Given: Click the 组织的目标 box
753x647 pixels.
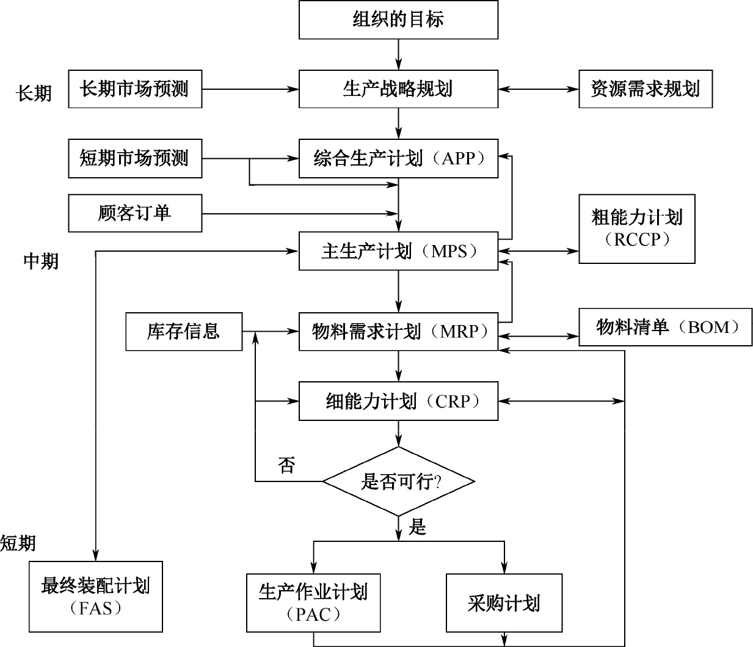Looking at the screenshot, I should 398,20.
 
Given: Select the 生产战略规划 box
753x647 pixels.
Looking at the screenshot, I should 398,89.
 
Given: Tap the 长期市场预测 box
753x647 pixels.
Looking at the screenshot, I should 135,89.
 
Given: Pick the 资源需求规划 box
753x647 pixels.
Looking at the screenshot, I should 645,89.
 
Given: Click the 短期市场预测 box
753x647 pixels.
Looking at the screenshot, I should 135,159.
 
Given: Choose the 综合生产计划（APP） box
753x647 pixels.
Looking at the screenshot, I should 398,159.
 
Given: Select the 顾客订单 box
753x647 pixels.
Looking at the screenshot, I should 135,213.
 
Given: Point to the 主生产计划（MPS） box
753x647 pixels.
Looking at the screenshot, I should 398,251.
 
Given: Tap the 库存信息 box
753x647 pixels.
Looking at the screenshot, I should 184,332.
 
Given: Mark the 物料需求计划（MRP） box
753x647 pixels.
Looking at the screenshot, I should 398,332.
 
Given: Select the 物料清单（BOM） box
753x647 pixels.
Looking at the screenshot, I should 665,328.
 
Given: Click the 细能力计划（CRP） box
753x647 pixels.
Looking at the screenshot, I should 398,401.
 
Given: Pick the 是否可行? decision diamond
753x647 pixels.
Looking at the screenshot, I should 398,481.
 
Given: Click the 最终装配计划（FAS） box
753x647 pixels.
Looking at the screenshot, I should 96,596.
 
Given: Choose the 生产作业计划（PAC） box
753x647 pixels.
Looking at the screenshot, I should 313,602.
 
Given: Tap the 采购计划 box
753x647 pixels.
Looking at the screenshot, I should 504,602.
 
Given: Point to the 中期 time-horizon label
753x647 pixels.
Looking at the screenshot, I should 41,261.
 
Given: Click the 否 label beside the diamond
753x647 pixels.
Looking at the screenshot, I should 286,465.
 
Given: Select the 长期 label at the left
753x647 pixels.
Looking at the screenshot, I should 34,93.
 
